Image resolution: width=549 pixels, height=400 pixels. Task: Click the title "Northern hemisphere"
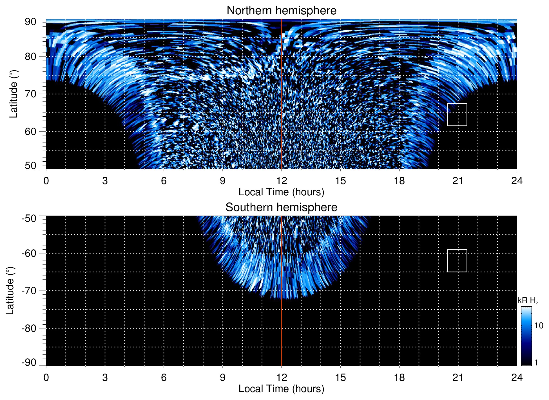(x=281, y=11)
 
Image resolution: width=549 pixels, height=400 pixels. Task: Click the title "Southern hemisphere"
(x=281, y=207)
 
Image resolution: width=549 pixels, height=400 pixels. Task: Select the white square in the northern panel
(x=457, y=115)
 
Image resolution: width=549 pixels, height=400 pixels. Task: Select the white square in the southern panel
(x=457, y=261)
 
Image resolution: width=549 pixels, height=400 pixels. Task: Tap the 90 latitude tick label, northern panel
(x=30, y=22)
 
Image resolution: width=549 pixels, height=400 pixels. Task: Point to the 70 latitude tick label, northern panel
(x=30, y=94)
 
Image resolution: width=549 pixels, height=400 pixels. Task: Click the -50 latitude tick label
(x=29, y=218)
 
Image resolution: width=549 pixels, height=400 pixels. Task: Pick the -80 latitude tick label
(x=29, y=328)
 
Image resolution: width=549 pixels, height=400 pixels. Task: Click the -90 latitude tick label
(x=29, y=362)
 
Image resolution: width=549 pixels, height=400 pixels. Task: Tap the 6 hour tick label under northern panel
(x=164, y=181)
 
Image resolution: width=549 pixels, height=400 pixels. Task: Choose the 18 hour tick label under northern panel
(x=399, y=181)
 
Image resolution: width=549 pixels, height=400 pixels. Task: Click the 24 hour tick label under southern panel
(x=517, y=378)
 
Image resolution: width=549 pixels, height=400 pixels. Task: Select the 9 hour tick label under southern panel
(x=223, y=378)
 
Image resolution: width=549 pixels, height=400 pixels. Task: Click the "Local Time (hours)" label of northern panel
(x=281, y=192)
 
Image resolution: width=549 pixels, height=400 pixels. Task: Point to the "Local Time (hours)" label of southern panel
(x=281, y=389)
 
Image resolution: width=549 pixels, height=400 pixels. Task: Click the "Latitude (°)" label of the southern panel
(x=10, y=291)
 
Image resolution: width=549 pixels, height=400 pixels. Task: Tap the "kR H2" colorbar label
(x=528, y=300)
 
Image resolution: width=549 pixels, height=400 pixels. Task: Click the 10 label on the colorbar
(x=539, y=326)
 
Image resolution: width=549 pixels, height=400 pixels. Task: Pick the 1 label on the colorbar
(x=536, y=362)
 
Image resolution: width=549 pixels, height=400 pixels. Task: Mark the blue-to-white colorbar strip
(x=526, y=336)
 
